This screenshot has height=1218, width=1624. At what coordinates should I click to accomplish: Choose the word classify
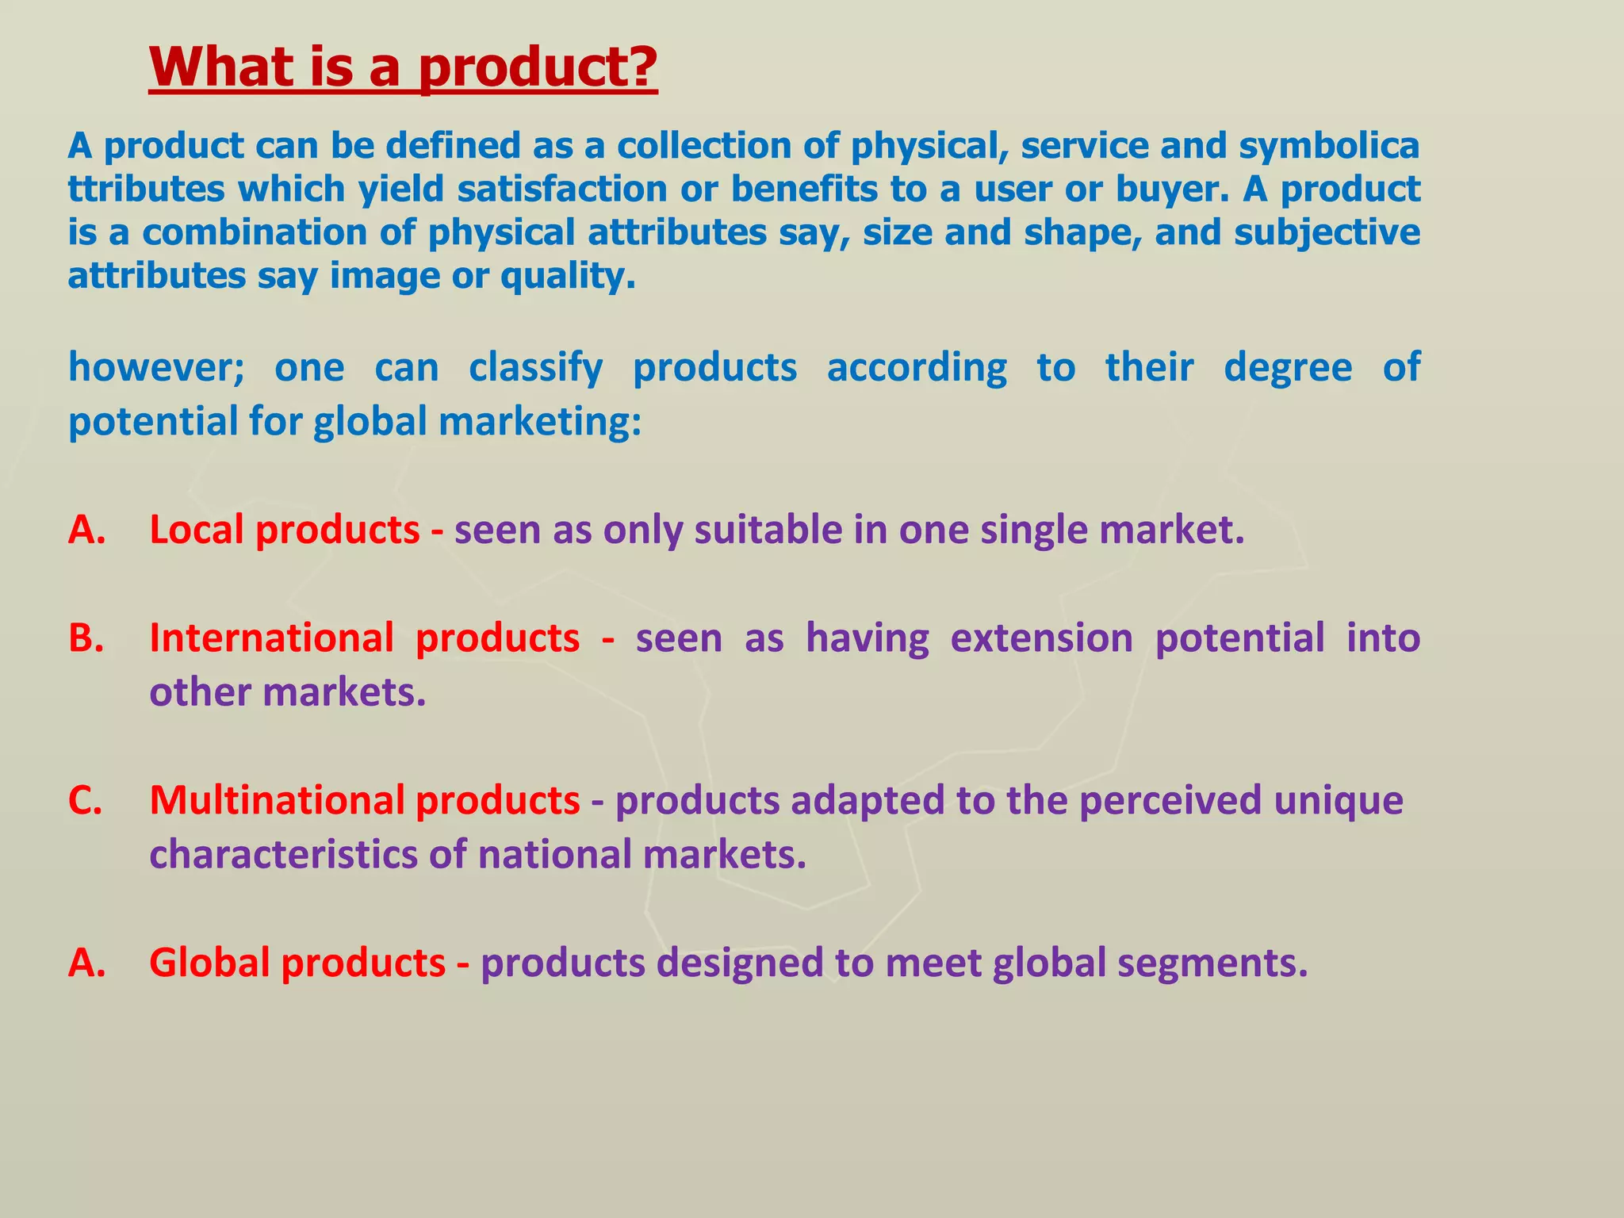pos(535,369)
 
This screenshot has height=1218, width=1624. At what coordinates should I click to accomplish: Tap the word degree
pos(1288,369)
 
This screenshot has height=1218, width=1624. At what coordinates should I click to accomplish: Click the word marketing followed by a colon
pos(539,422)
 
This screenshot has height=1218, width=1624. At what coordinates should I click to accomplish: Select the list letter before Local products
pos(86,530)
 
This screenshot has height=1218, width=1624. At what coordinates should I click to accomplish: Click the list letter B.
pos(86,638)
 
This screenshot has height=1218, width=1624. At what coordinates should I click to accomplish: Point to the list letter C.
pos(85,801)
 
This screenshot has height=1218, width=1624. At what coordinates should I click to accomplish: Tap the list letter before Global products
pos(86,963)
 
